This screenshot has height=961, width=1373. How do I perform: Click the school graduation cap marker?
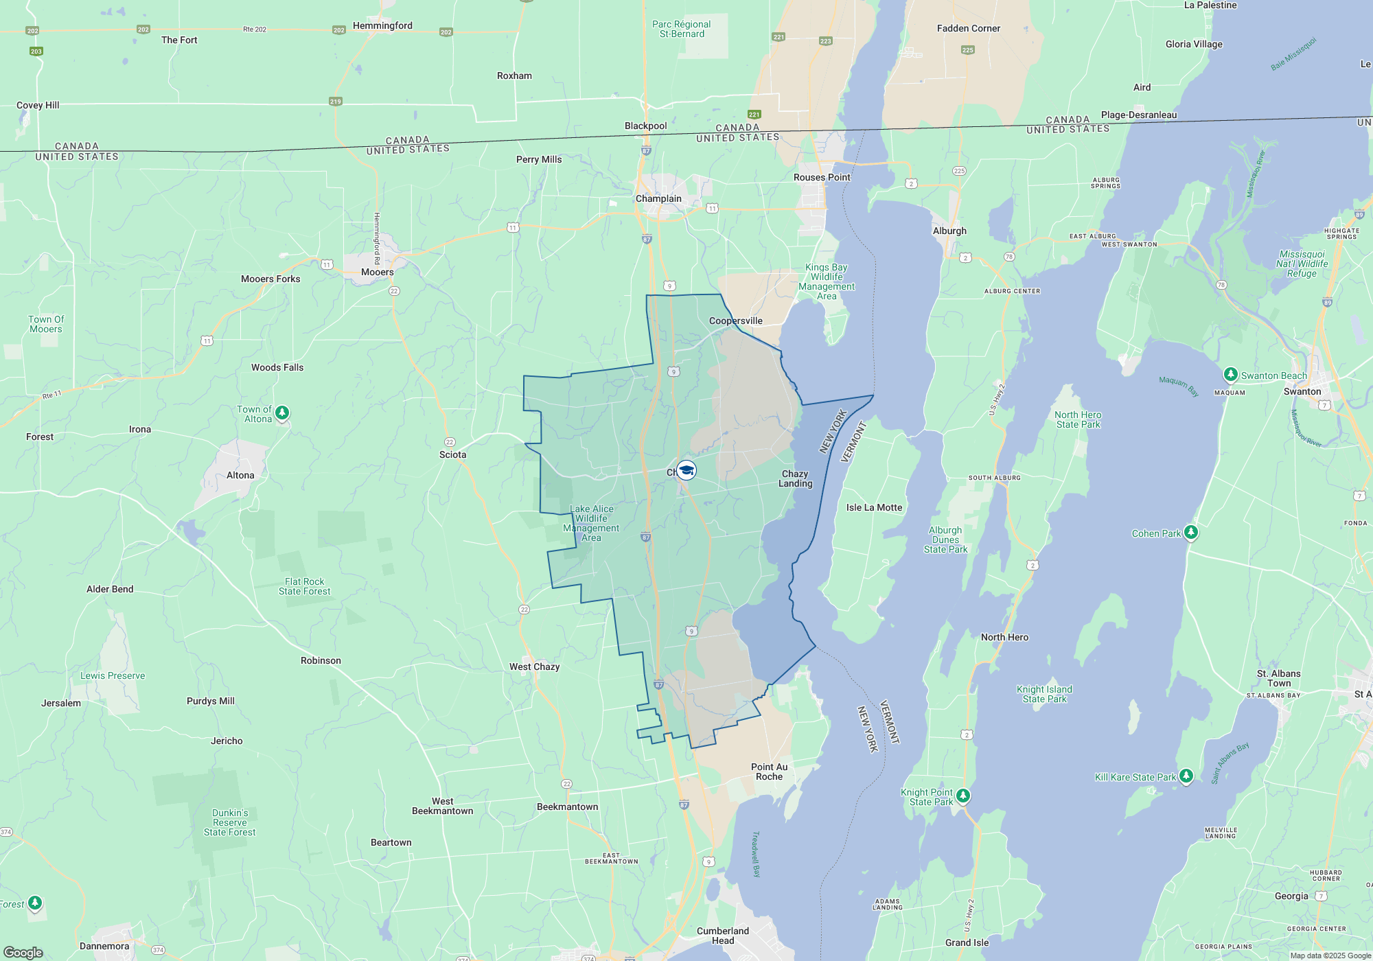point(686,470)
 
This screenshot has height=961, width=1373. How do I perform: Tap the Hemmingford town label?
point(382,26)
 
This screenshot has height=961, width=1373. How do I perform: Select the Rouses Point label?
point(822,177)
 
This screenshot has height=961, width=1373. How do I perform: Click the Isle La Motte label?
point(874,508)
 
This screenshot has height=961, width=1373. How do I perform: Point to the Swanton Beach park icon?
point(1230,375)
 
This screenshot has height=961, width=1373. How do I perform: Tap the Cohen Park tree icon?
point(1191,532)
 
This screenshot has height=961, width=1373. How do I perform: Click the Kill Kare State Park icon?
point(1186,776)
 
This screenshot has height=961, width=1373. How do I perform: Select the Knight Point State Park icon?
point(963,796)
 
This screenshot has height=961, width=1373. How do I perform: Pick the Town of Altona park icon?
point(282,413)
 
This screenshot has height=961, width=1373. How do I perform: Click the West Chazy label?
point(534,667)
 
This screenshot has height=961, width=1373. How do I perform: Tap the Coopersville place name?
point(735,321)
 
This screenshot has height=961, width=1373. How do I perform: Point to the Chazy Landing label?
point(795,478)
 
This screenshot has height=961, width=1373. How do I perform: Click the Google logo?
point(23,953)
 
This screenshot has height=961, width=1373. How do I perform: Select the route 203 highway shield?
point(36,51)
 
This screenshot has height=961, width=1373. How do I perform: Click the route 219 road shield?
point(335,102)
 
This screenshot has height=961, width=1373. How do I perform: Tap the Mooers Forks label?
point(270,279)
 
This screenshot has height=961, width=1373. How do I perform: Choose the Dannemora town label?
point(104,946)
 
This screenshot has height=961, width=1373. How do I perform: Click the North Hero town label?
point(1004,637)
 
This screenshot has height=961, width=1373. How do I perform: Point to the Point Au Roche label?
point(769,772)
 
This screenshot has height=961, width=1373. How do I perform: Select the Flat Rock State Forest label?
point(304,586)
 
